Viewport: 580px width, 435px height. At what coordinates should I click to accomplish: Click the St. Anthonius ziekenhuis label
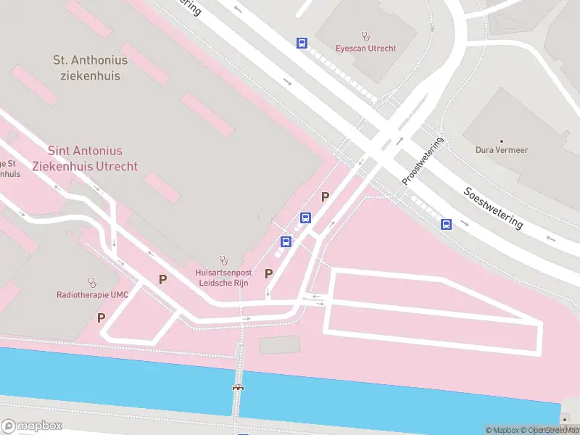[91, 68]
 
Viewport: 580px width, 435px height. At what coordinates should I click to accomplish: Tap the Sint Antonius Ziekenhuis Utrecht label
[85, 158]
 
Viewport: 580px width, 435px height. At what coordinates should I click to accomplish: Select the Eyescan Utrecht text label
[365, 49]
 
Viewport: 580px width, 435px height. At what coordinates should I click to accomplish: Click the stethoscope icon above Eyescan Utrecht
[365, 36]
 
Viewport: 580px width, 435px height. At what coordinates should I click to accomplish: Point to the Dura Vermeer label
[501, 150]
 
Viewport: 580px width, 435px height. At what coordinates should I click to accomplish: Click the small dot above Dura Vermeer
[501, 140]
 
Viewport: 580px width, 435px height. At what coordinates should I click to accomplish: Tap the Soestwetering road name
[493, 209]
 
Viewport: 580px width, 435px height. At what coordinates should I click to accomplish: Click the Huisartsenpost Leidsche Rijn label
[223, 278]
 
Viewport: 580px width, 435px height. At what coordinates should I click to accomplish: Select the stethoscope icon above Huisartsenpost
[223, 260]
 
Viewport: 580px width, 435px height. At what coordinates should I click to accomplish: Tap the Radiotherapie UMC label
[91, 295]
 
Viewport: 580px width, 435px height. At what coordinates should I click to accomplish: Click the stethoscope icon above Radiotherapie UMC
[91, 282]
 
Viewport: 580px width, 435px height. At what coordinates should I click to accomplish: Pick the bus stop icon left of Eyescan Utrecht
[302, 43]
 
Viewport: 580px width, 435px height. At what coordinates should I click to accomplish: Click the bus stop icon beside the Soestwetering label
[446, 225]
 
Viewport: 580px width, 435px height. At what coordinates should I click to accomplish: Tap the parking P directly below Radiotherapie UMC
[101, 318]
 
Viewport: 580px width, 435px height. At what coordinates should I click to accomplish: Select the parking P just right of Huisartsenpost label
[268, 273]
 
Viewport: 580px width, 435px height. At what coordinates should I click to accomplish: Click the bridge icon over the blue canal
[238, 388]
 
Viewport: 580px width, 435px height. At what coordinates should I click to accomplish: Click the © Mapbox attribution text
[505, 430]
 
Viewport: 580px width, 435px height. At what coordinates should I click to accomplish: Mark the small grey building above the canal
[279, 345]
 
